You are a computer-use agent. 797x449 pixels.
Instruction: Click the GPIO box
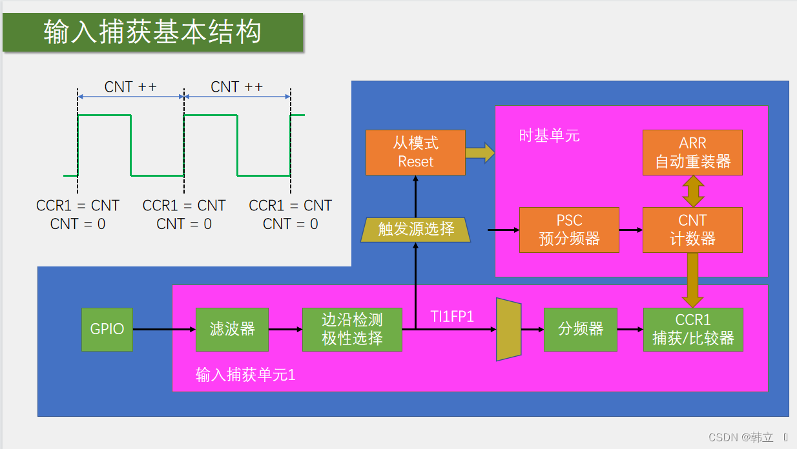point(107,330)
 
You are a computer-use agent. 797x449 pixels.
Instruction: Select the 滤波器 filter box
point(232,330)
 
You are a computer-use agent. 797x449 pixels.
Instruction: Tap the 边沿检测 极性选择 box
point(352,330)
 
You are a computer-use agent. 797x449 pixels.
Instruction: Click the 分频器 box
point(581,330)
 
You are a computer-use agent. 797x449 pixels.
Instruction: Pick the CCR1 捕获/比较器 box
point(693,330)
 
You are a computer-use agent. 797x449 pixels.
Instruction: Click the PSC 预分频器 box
point(569,230)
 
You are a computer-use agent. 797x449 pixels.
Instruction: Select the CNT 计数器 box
point(692,230)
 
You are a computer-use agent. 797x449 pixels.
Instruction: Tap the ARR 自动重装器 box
point(692,152)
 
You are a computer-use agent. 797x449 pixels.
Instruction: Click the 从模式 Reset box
point(415,152)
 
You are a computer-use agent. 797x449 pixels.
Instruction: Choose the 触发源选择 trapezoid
point(415,230)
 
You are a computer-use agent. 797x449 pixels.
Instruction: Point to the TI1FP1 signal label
point(452,316)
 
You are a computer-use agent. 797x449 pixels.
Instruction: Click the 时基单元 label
point(550,135)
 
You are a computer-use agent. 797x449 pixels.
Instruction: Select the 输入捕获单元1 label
point(245,375)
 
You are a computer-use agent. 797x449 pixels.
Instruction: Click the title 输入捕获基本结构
point(152,32)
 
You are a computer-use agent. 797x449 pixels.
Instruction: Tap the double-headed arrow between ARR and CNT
point(693,191)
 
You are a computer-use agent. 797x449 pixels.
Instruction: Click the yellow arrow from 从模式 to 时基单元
point(480,153)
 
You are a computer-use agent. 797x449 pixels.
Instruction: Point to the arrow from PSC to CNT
point(631,230)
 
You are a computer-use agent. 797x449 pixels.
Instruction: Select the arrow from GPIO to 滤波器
point(165,330)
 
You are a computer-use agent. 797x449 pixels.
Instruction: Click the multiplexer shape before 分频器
point(509,330)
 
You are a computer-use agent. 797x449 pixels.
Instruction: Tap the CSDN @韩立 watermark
point(741,437)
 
